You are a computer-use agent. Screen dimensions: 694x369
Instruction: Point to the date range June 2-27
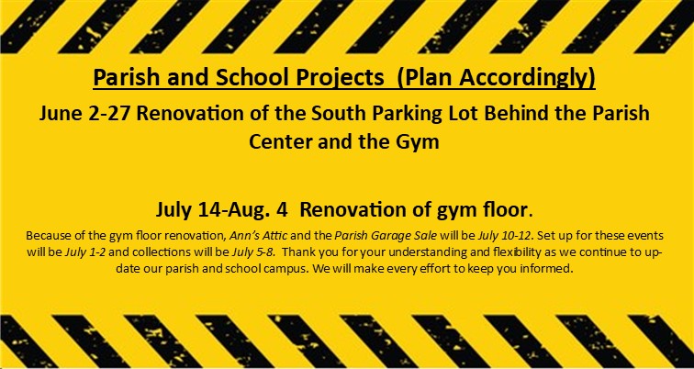pos(84,114)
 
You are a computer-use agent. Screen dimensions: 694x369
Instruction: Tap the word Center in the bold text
pos(277,142)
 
